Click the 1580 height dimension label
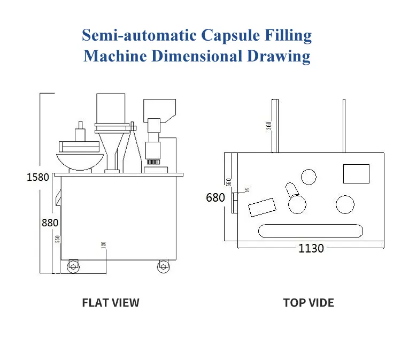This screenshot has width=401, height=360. click(x=38, y=177)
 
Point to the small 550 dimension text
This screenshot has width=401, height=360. click(x=57, y=240)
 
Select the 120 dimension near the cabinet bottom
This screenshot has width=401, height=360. click(x=104, y=244)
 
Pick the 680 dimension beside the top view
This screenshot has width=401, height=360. click(x=215, y=197)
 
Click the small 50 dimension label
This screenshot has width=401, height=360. click(x=246, y=190)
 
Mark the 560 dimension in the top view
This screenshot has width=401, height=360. click(x=229, y=182)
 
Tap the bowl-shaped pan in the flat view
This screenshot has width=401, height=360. click(x=81, y=161)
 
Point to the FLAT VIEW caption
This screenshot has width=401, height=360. click(x=110, y=303)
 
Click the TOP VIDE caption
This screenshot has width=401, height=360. click(x=309, y=303)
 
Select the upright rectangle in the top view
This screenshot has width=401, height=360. click(x=356, y=173)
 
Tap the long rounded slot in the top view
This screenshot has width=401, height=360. click(x=311, y=231)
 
